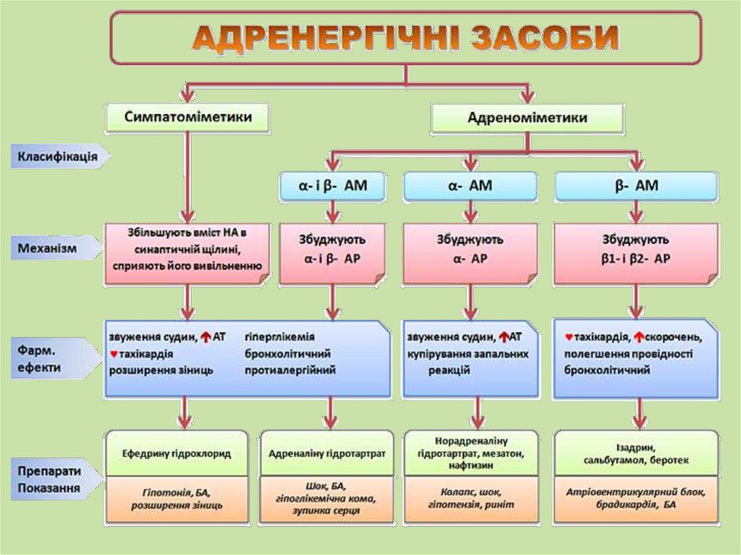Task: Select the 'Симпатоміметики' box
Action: pyautogui.click(x=189, y=116)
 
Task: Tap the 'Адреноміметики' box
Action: pyautogui.click(x=527, y=117)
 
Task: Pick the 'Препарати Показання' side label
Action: pyautogui.click(x=49, y=479)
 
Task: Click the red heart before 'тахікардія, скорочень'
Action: pyautogui.click(x=569, y=336)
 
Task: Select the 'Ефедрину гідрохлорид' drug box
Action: pyautogui.click(x=177, y=454)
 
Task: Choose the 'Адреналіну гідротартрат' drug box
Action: pyautogui.click(x=327, y=454)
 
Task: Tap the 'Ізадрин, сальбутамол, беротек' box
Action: pyautogui.click(x=636, y=454)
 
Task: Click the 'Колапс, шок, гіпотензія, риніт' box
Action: pyautogui.click(x=470, y=498)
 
